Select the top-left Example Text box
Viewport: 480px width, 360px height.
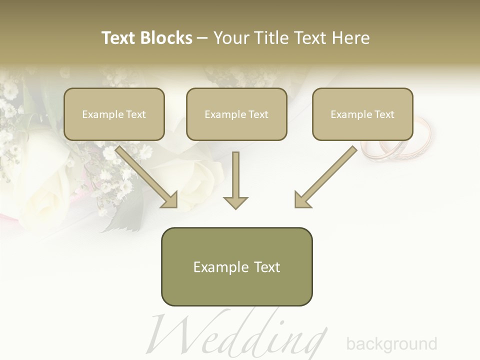coord(114,114)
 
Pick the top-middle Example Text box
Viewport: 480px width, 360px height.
coord(236,114)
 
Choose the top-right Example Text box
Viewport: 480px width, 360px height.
coord(362,114)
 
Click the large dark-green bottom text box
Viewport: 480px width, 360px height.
coord(236,266)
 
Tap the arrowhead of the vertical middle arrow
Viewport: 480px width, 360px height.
coord(235,202)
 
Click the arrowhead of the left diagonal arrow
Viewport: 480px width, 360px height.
coord(170,200)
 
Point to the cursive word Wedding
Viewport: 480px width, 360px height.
coord(240,332)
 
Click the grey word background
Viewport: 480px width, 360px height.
coord(391,344)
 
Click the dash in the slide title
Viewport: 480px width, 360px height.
coord(202,38)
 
